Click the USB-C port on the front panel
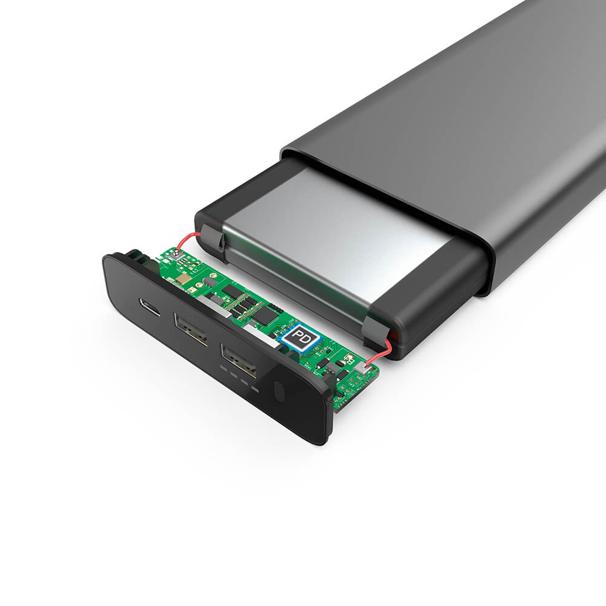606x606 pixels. [x=150, y=307]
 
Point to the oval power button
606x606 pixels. [x=279, y=391]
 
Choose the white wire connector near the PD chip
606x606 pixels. [x=365, y=368]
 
